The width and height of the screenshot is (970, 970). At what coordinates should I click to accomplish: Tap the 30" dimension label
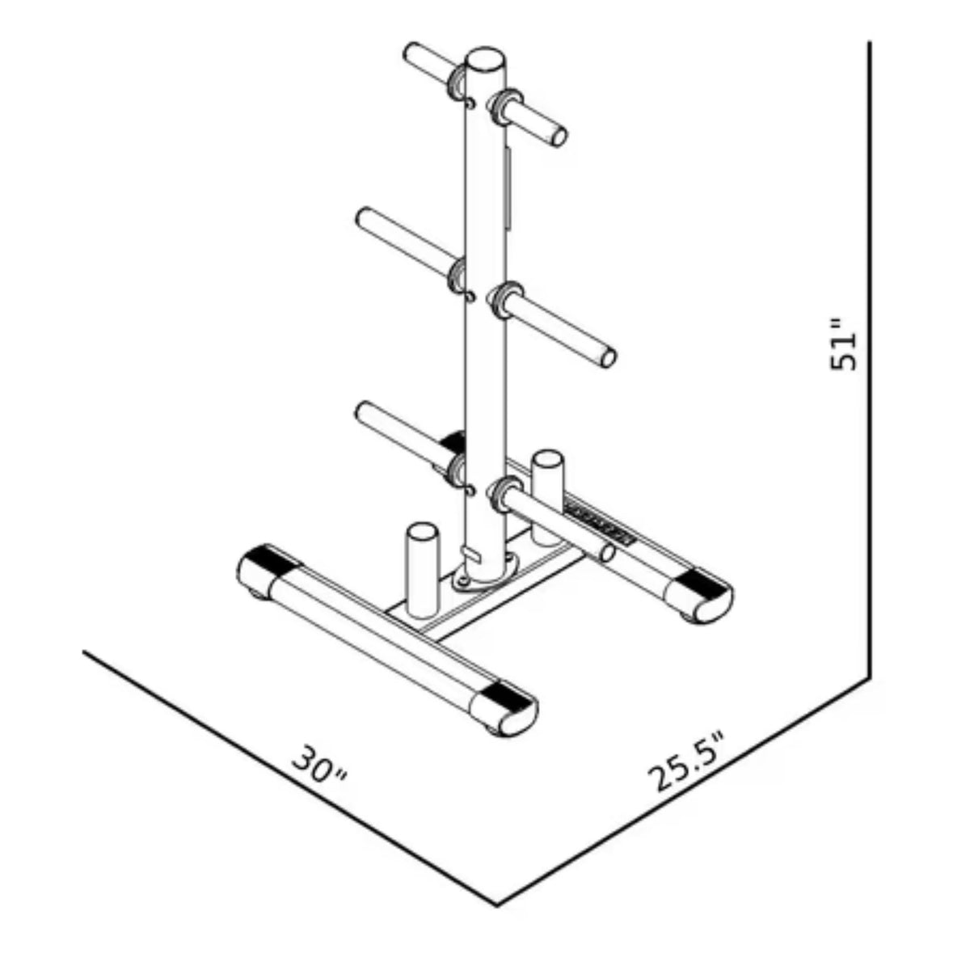tap(319, 764)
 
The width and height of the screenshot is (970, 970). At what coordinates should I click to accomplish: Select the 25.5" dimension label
tap(687, 762)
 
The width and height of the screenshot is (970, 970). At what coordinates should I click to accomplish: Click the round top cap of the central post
tap(485, 61)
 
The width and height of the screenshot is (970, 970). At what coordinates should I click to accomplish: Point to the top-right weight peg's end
tap(559, 135)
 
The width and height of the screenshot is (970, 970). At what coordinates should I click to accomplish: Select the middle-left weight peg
tap(400, 238)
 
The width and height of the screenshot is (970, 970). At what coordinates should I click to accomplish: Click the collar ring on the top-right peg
tap(504, 105)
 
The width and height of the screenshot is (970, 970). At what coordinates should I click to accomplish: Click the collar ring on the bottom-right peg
tap(505, 491)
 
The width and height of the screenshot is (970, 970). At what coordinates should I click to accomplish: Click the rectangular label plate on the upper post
tap(507, 186)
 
